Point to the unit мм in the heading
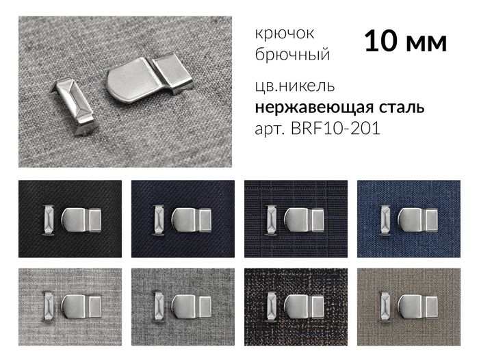pyautogui.click(x=426, y=43)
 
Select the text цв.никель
pyautogui.click(x=294, y=88)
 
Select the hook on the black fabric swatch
pyautogui.click(x=83, y=220)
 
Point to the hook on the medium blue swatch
pyautogui.click(x=417, y=220)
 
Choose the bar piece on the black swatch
pyautogui.click(x=49, y=220)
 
